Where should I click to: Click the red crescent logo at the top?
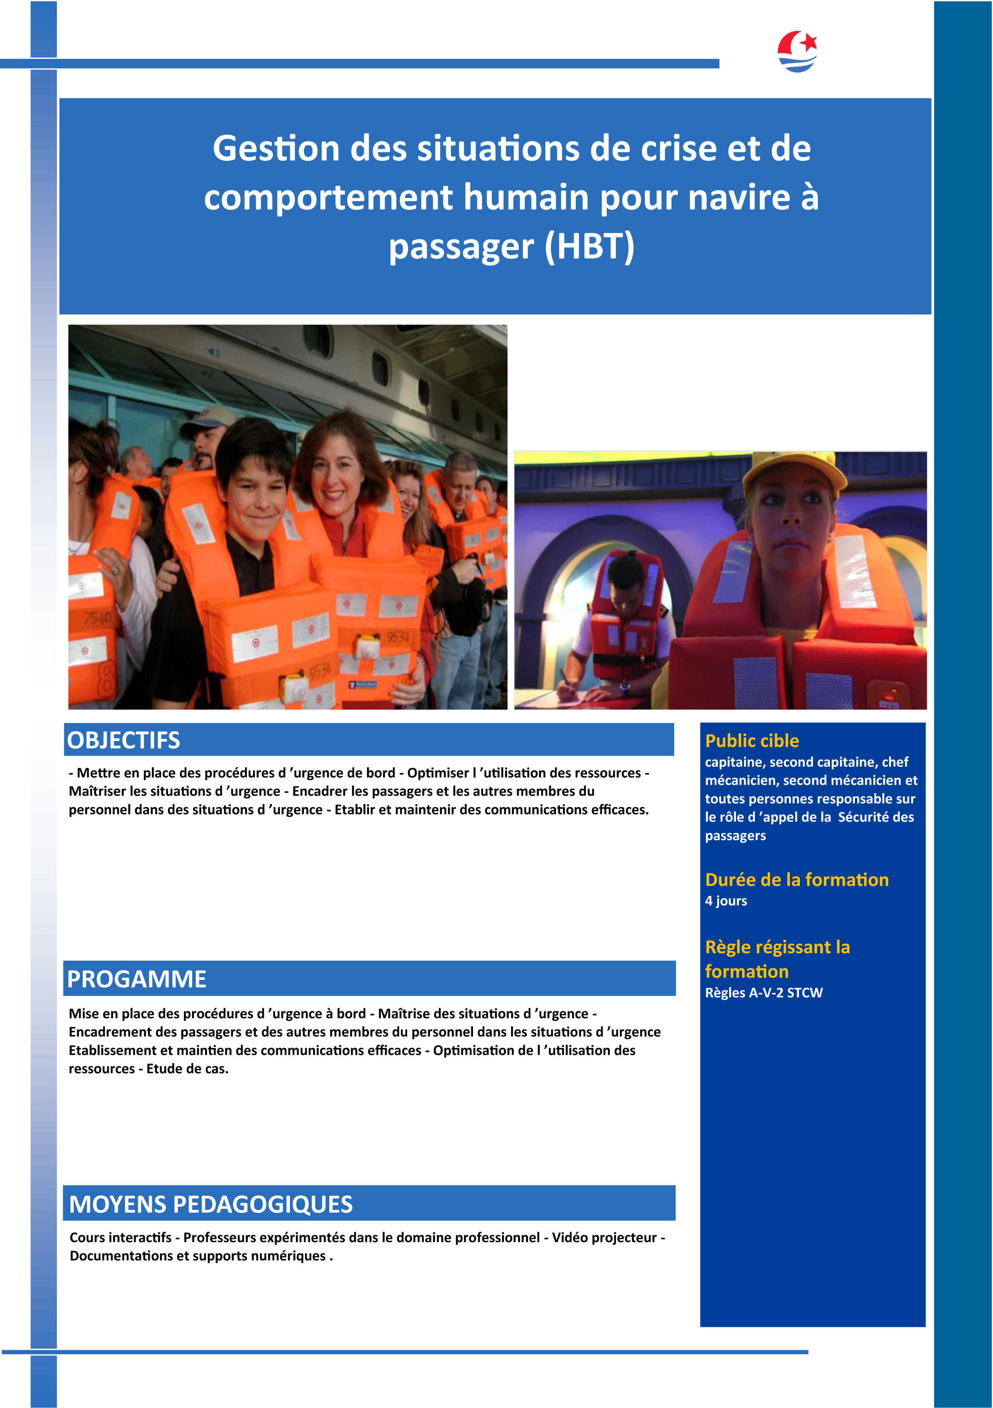[797, 51]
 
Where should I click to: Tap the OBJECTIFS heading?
[123, 740]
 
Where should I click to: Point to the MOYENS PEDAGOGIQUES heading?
[210, 1204]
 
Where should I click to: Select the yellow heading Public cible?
[752, 741]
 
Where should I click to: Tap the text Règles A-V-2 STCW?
[764, 993]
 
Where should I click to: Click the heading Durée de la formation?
[796, 880]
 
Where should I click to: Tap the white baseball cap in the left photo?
[206, 420]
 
